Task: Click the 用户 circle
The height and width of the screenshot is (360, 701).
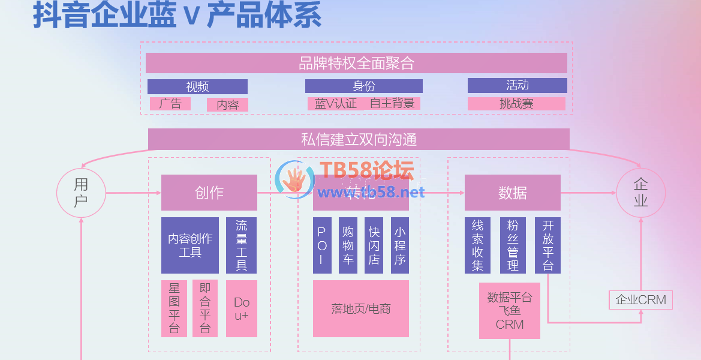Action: coord(81,193)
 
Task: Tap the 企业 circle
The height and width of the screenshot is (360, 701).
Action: coord(640,193)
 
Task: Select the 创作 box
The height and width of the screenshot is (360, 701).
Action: coord(209,193)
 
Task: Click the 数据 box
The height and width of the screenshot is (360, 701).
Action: coord(513,193)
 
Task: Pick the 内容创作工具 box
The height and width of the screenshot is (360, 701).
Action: coord(190,245)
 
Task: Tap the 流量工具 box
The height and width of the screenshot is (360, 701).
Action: coord(242,245)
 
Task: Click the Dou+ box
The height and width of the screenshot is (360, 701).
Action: coord(242,308)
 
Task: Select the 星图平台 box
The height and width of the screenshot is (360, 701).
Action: coord(175,308)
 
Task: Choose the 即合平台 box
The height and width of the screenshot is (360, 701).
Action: coord(205,308)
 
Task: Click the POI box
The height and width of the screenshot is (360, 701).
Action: coord(322,245)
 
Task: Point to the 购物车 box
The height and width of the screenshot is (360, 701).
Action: coord(348,245)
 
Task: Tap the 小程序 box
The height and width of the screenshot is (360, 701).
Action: coord(400,245)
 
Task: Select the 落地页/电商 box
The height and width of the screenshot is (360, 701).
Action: coord(361,308)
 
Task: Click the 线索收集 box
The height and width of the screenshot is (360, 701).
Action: coord(478,245)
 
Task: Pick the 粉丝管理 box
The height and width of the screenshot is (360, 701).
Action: coord(513,245)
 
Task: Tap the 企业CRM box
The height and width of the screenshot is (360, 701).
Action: coord(640,300)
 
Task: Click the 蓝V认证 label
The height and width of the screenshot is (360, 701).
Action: coord(336,104)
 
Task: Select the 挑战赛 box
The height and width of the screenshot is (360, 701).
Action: coord(516,104)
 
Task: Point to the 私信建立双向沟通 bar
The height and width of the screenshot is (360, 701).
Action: coord(359,139)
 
